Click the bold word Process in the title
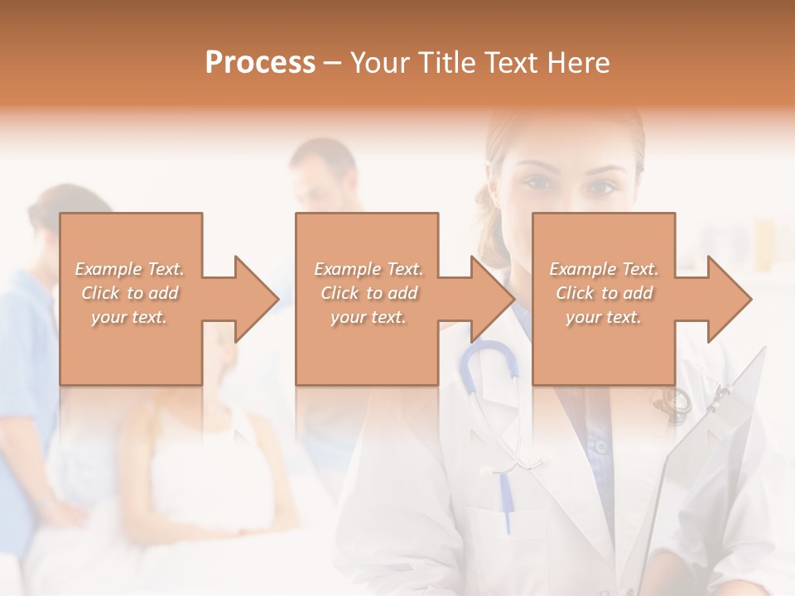coord(260,62)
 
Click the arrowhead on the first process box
coord(257,299)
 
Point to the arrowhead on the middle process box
coord(493,299)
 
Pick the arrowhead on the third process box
coord(729,299)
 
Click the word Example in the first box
coord(107,269)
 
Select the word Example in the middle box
coord(346,269)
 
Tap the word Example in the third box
coord(581,269)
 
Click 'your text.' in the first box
coord(129,317)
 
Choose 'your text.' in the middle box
coord(369,317)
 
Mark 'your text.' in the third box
coord(604,317)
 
